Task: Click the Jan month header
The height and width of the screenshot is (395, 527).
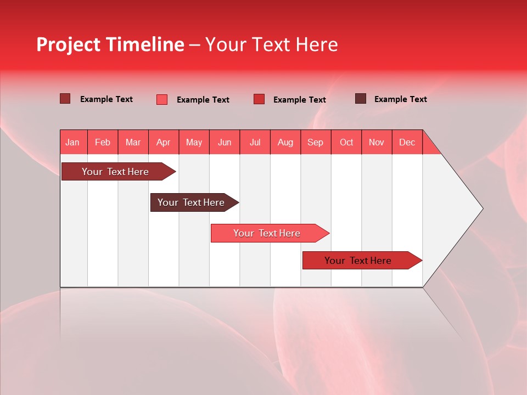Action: coord(72,143)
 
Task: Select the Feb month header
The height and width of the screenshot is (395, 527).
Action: coord(103,143)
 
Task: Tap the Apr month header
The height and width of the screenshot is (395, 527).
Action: coord(163,143)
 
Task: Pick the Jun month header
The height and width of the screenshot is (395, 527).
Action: coord(225,143)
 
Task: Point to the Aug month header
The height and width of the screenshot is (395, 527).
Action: coord(285,143)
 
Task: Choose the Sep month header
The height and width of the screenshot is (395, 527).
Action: coord(315,143)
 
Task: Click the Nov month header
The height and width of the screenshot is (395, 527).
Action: coord(377,143)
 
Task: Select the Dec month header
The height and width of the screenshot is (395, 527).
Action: coord(407,143)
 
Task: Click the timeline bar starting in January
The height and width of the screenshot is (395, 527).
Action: coord(115,172)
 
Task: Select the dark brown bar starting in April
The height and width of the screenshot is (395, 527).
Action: coord(191,202)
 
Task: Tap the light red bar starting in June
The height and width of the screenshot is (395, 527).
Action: coord(267,233)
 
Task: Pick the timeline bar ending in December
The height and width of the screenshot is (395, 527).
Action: coord(358,261)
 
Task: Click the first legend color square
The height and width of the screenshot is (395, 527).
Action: coord(65,99)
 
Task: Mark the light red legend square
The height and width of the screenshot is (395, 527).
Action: coord(162,99)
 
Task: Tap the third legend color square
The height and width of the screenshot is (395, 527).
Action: coord(259,99)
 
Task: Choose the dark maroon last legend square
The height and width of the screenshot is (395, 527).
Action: coord(361,99)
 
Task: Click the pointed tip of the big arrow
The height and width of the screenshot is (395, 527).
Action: coord(481,208)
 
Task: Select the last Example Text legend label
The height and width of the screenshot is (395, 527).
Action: coord(400,99)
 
